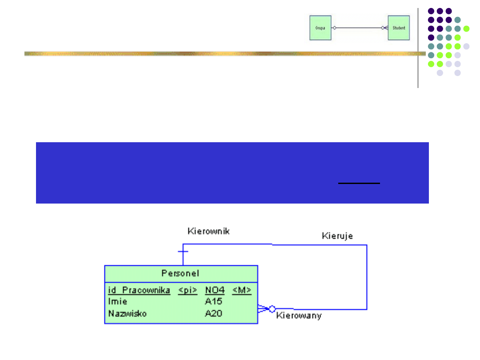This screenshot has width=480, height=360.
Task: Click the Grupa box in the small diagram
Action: coord(320,28)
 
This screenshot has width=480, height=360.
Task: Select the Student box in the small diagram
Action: coord(399,28)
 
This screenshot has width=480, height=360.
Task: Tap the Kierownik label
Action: coord(208,231)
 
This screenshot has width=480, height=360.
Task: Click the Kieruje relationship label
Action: coord(337,236)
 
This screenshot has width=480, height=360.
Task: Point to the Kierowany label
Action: coord(299,316)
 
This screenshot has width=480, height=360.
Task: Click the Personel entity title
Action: coord(180,273)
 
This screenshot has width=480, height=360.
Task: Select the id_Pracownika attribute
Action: coord(139,290)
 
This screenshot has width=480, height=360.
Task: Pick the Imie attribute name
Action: coord(118,301)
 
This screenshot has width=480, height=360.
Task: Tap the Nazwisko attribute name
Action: coord(128,313)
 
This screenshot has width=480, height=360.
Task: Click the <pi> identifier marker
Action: coord(188,290)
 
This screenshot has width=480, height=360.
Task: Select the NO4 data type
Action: coord(215,290)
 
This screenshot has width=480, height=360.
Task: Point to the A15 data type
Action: coord(213,301)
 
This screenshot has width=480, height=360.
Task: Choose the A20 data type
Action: coord(213,313)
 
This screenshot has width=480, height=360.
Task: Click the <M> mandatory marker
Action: coord(242,290)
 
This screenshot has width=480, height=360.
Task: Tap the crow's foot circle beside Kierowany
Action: coord(272,308)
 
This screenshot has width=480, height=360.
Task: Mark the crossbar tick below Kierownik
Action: coord(183,252)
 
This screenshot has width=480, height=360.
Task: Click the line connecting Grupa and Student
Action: coord(358,28)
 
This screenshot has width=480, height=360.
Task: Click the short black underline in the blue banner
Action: coord(359,183)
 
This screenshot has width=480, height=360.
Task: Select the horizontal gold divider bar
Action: coord(222,54)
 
